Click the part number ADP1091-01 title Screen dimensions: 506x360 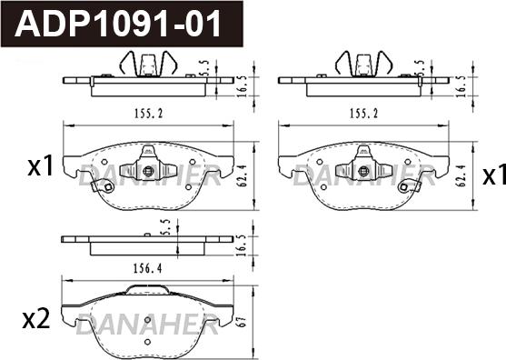point(118,24)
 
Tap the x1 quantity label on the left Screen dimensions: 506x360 point(41,165)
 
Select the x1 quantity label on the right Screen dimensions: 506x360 point(494,175)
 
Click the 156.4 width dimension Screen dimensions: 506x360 point(148,268)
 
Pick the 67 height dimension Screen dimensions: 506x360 point(243,322)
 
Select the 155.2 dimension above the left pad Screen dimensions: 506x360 point(149,114)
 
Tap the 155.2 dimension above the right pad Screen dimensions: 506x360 point(363,114)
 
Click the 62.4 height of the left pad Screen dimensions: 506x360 point(243,176)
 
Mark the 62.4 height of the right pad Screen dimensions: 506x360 point(461,176)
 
